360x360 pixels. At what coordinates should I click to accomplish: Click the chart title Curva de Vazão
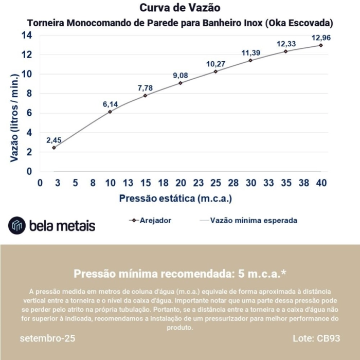point(180,8)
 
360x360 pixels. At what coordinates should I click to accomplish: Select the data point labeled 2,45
point(54,148)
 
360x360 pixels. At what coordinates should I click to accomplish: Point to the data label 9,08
point(181,76)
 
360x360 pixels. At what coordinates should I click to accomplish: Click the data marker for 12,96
point(321,45)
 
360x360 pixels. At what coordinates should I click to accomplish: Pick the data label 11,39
point(251,53)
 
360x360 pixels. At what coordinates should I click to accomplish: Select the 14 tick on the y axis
point(27,35)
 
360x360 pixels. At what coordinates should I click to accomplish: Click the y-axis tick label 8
point(29,94)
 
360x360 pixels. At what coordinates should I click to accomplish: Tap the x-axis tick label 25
point(215,183)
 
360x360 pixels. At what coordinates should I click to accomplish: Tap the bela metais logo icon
point(17,225)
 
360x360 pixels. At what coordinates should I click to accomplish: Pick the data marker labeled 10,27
point(215,71)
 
